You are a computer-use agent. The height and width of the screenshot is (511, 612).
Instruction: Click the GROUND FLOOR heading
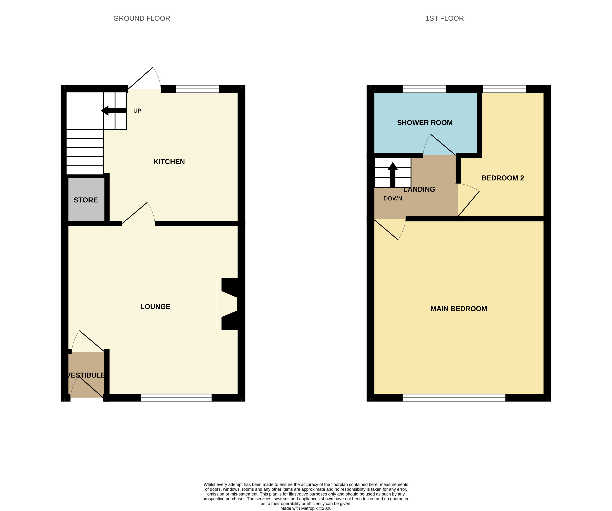pos(142,18)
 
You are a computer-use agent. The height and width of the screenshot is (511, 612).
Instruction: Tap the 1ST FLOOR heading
pos(444,18)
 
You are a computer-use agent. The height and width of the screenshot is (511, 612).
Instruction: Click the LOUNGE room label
pos(155,306)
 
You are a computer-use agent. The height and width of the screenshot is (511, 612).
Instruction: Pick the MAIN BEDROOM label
pos(459,309)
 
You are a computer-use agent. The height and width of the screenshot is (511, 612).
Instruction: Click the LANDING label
pos(419,189)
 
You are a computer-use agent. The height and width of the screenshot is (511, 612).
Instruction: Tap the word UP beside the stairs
pos(137,111)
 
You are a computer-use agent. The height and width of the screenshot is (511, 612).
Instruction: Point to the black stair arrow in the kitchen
pos(114,111)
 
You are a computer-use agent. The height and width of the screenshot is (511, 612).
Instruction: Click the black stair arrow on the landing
pos(392,175)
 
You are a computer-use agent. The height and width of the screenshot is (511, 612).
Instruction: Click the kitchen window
pos(198,89)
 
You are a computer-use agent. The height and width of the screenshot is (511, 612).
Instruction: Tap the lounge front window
pos(176,398)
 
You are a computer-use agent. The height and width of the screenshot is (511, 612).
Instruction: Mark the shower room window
pos(424,89)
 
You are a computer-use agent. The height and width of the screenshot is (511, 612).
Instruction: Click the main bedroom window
pos(454,398)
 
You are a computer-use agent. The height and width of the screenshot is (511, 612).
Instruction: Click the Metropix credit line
pos(306,508)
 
